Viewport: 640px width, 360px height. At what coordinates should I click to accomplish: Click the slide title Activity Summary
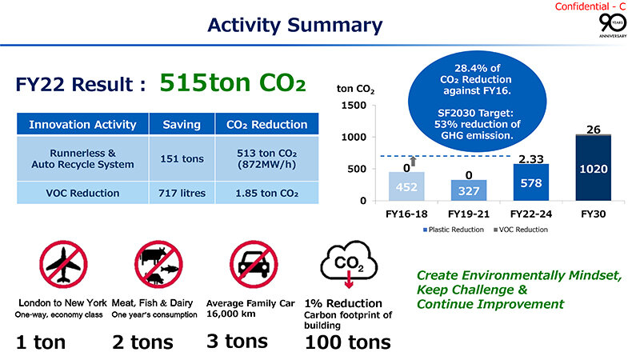click(294, 26)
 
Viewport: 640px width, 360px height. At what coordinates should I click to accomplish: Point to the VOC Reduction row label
click(83, 193)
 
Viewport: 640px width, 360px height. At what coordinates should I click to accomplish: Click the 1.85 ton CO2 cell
click(267, 193)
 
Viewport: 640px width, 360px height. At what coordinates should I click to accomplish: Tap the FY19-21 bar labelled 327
click(469, 190)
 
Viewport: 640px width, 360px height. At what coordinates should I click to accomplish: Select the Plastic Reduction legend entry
click(452, 230)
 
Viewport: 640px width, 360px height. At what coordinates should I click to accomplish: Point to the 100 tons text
click(348, 343)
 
